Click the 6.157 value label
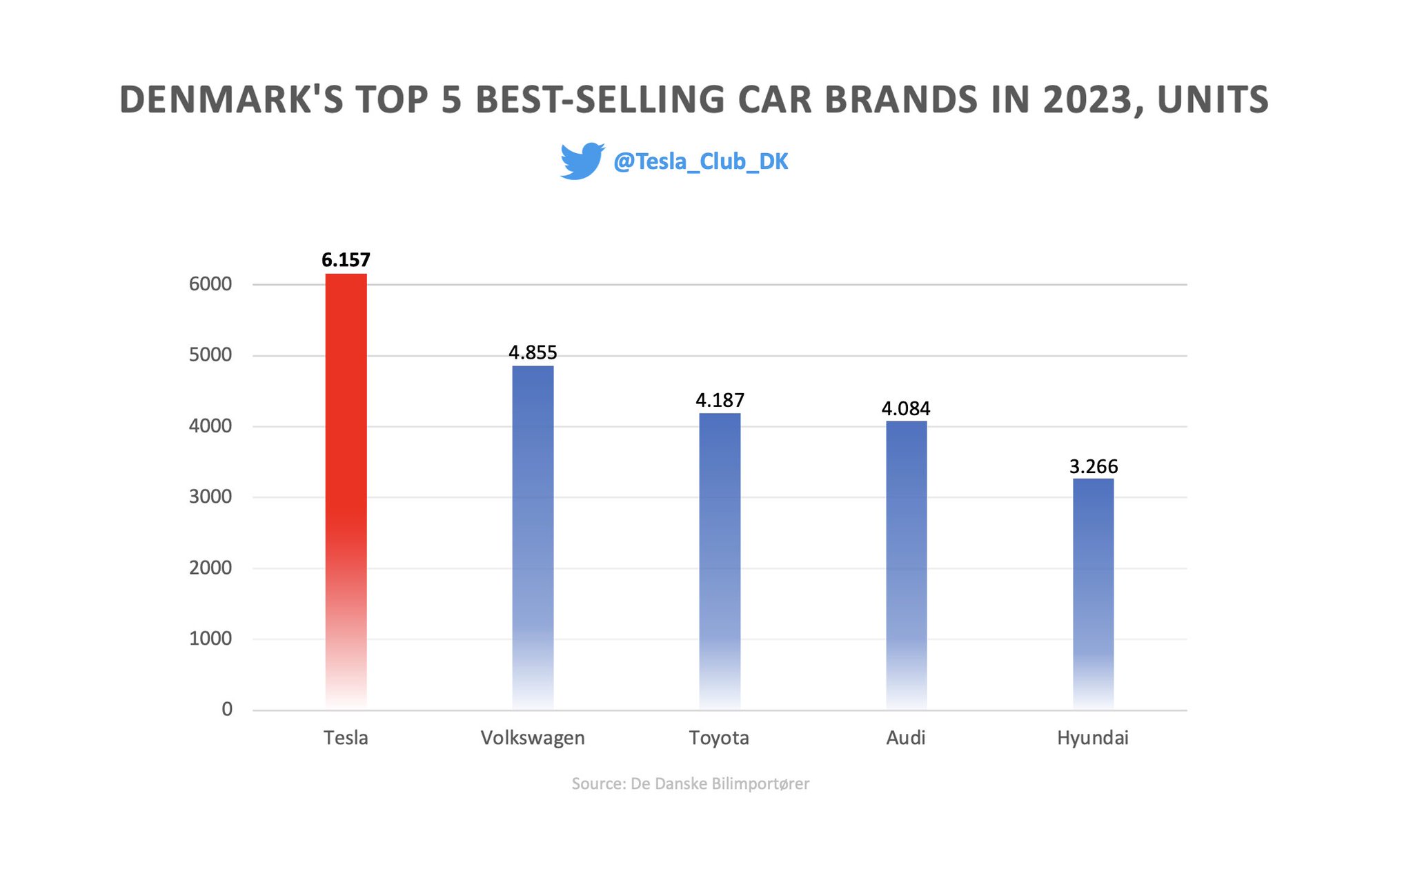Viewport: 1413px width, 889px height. (x=346, y=260)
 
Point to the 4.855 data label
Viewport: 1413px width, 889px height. (x=533, y=352)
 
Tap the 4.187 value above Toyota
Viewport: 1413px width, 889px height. (x=720, y=400)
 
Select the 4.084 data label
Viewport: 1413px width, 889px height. (x=906, y=408)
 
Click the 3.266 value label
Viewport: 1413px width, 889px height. (x=1093, y=466)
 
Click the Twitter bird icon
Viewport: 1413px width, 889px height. (x=582, y=161)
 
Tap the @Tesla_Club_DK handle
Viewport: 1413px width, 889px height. (x=700, y=161)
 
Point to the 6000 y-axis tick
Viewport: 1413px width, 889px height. (x=210, y=284)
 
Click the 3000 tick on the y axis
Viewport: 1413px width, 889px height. (x=210, y=497)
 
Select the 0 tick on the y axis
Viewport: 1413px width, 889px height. (x=226, y=709)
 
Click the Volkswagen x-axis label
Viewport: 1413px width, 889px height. (x=533, y=738)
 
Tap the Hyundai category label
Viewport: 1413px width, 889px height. (x=1093, y=738)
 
